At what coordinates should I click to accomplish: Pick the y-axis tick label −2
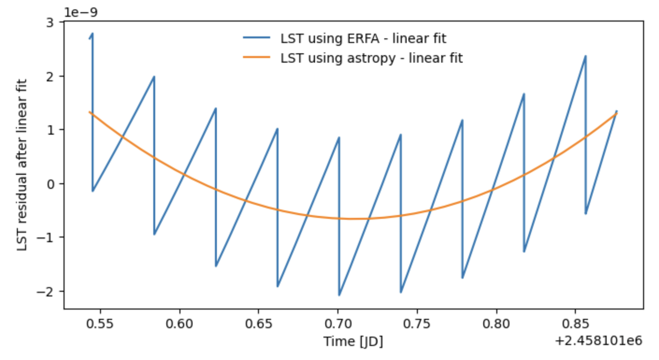tap(48, 291)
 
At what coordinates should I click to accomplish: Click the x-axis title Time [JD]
tap(353, 342)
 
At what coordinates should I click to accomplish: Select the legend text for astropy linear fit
tap(372, 58)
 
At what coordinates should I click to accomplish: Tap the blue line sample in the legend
tap(256, 38)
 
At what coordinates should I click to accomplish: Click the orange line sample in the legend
tap(256, 58)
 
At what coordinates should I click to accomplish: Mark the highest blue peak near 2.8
tap(92, 34)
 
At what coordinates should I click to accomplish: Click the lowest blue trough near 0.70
tap(339, 295)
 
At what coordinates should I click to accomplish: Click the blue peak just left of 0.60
tap(154, 77)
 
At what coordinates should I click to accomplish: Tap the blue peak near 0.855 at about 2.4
tap(585, 57)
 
